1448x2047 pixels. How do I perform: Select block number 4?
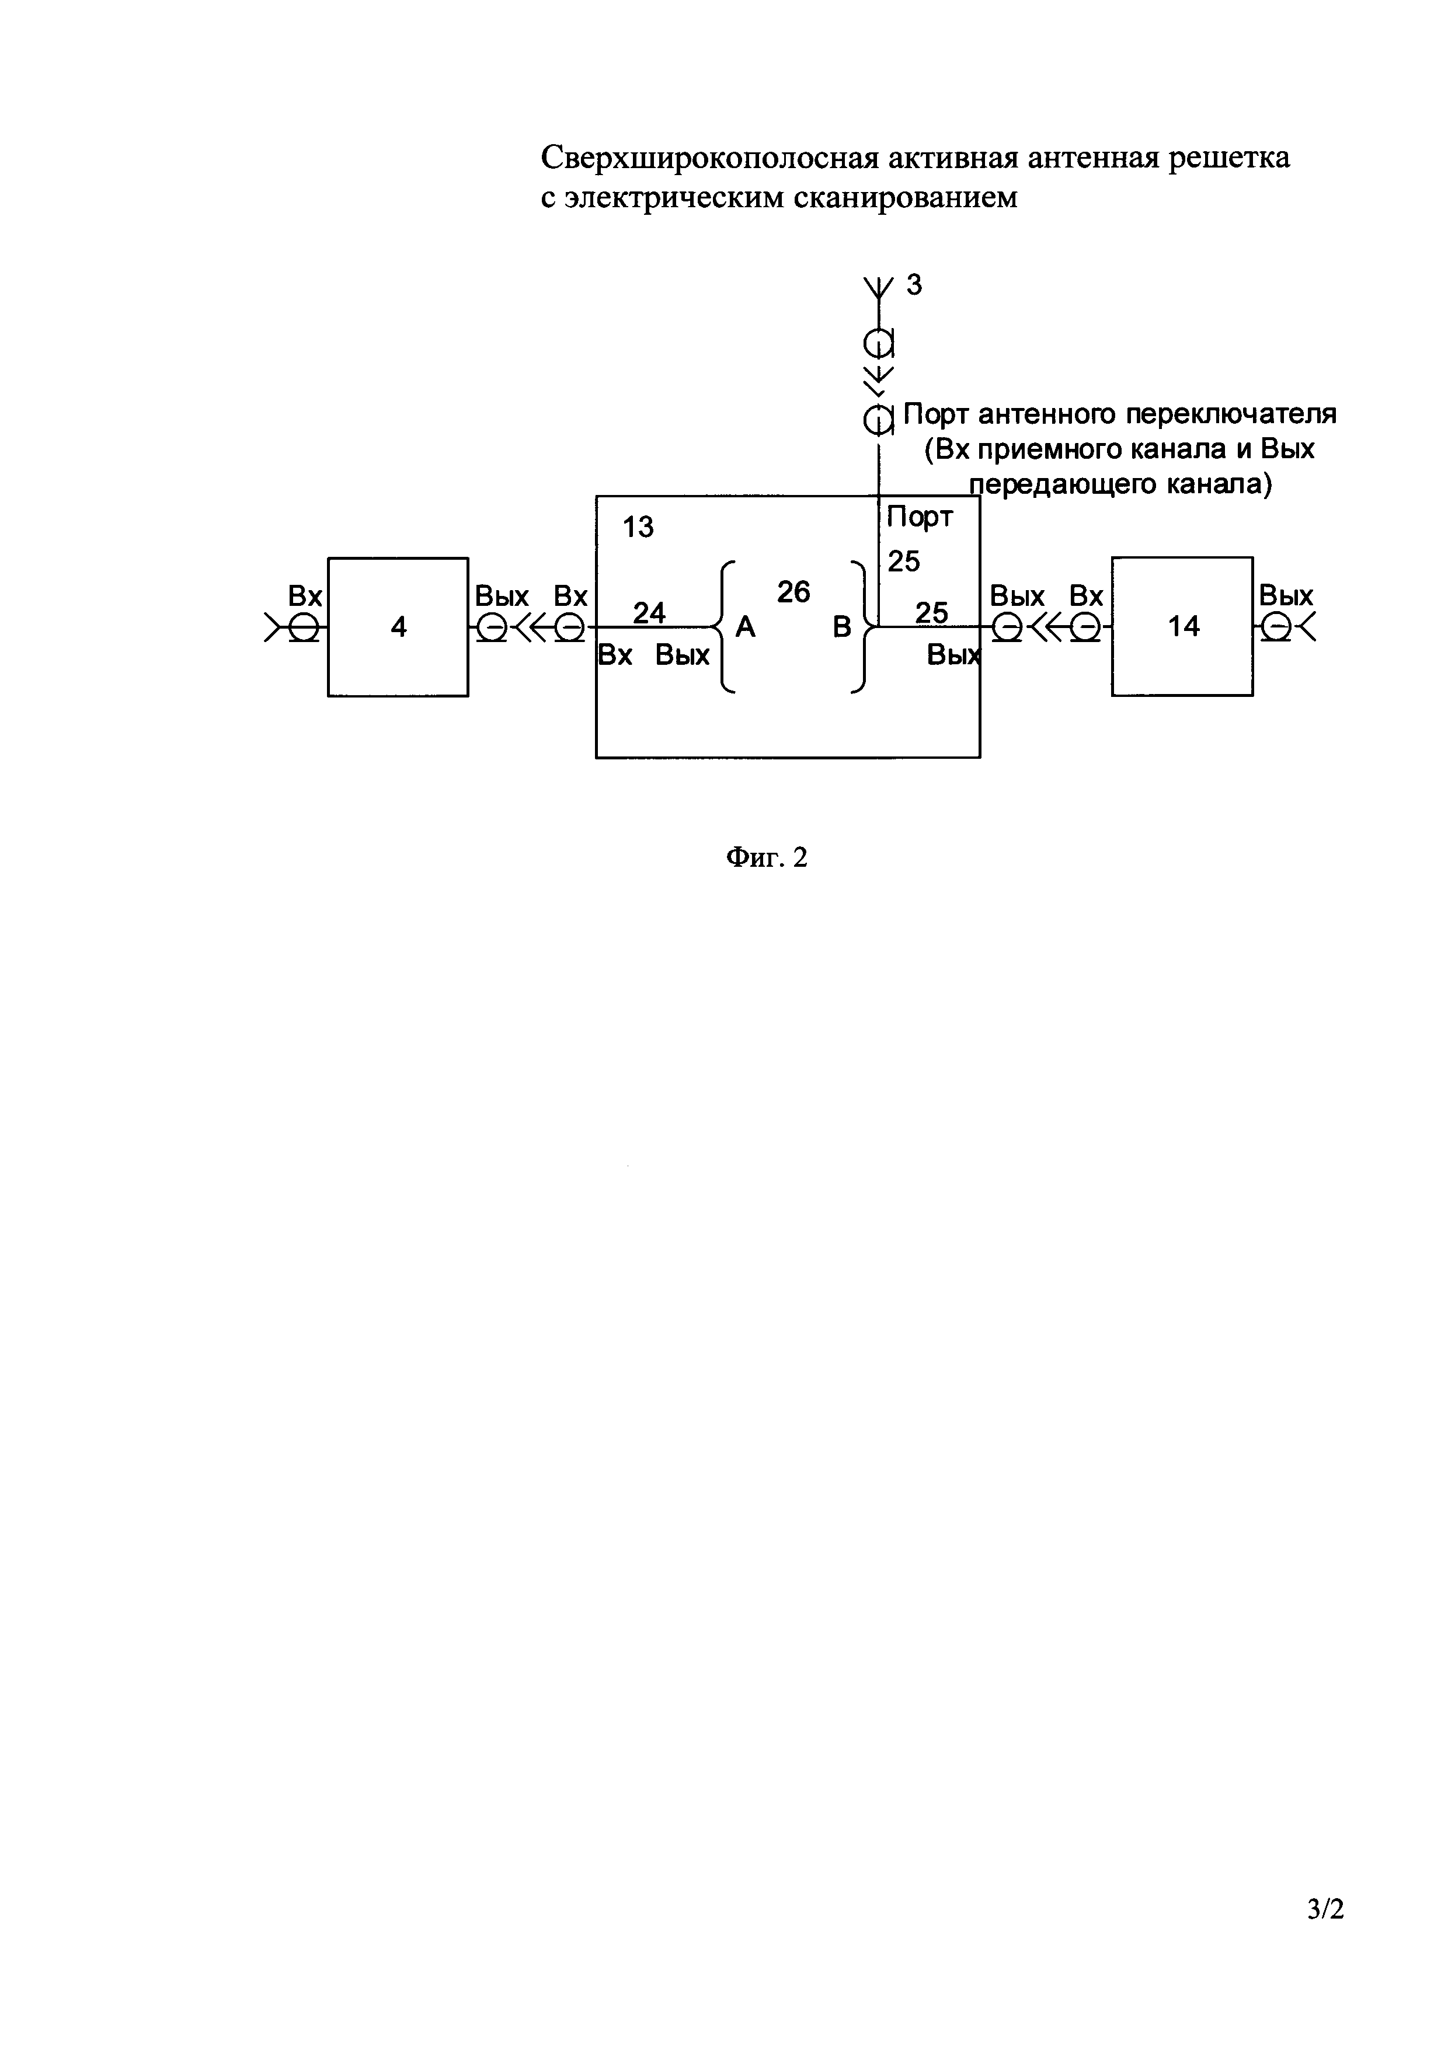point(398,627)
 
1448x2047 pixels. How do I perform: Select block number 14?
point(1182,627)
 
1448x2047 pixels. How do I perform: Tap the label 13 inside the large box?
point(638,527)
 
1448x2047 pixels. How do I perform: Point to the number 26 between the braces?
point(793,591)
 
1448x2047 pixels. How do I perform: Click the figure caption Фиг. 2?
point(767,857)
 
